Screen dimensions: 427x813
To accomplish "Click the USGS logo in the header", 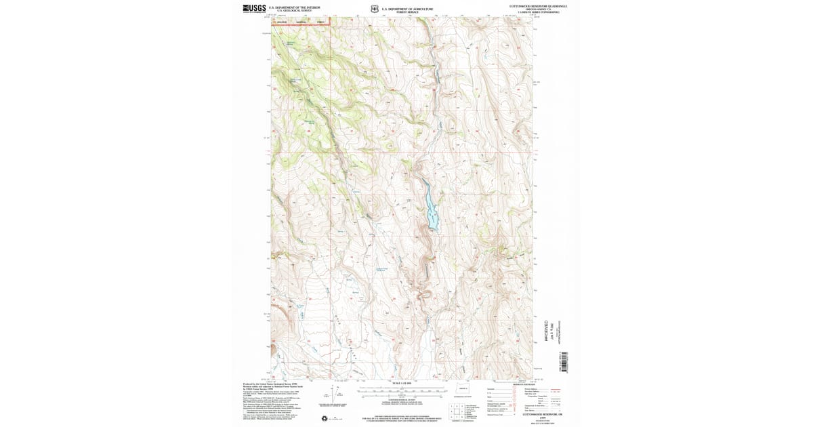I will pyautogui.click(x=254, y=9).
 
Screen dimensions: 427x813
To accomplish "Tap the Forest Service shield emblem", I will pyautogui.click(x=374, y=9).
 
